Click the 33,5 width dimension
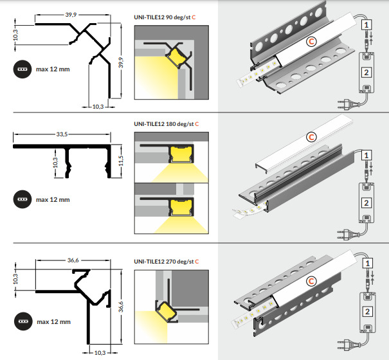coord(62,134)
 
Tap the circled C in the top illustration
coord(311,41)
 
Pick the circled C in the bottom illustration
coord(312,280)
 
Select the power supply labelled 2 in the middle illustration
coord(366,201)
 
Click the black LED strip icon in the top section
coord(22,69)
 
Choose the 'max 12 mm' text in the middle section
coord(52,199)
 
